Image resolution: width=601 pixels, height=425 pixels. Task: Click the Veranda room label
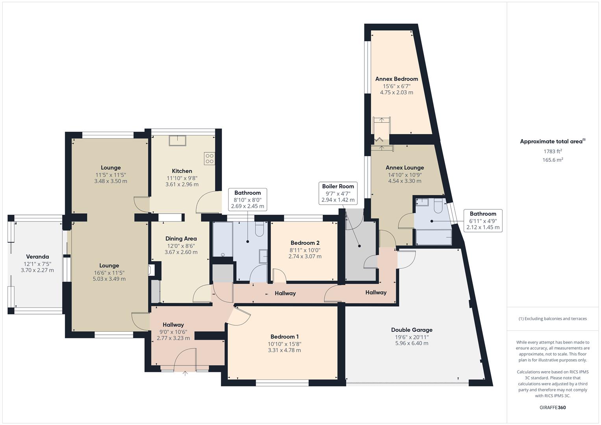coord(37,257)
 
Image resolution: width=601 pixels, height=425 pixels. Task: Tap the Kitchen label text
coord(182,171)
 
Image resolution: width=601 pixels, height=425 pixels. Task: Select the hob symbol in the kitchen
coord(209,158)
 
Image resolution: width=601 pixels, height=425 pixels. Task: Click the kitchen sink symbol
coord(177,140)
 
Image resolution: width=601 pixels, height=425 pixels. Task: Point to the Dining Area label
coord(181,238)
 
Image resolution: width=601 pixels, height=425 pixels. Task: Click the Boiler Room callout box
coord(338,193)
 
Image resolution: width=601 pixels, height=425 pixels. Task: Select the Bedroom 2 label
coord(305,243)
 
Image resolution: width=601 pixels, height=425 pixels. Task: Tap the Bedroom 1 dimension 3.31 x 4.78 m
coord(284,350)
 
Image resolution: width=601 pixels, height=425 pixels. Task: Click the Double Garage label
coord(412,330)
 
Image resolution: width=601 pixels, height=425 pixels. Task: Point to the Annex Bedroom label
coord(396,79)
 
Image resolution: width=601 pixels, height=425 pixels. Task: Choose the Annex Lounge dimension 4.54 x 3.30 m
coord(405,181)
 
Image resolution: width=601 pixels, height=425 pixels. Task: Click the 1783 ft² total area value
coord(553,151)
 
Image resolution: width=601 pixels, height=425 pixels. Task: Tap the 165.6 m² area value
coord(553,160)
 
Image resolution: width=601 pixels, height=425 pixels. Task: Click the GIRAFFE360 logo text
coord(553,407)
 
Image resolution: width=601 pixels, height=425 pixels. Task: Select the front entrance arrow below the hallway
coord(185,373)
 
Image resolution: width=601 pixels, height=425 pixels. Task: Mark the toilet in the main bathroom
coord(259,229)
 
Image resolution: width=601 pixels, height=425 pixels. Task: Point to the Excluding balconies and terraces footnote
coord(553,318)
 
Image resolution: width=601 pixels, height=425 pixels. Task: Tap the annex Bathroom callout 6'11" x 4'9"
coord(483,220)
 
